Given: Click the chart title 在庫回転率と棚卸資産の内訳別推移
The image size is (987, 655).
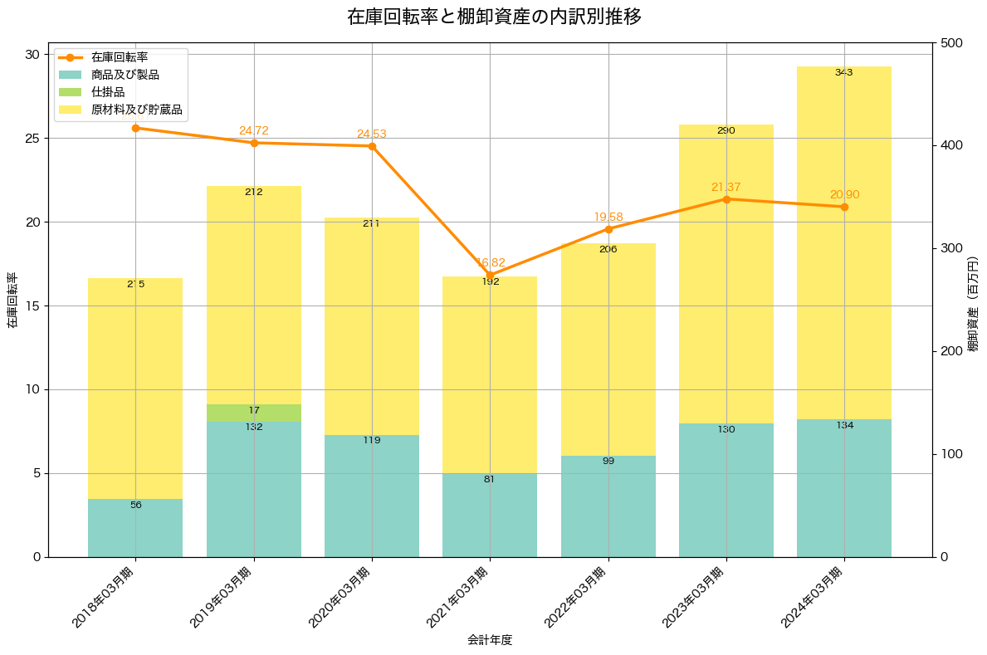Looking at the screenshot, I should (x=493, y=17).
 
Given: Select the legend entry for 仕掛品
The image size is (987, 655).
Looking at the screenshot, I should (x=108, y=92).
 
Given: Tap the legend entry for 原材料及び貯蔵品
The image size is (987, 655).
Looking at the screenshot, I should (x=136, y=109).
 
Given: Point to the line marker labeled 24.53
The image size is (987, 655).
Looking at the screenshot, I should (x=372, y=146).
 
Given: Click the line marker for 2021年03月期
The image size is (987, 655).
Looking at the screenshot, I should (x=490, y=275).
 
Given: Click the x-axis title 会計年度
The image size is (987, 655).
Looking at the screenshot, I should (x=490, y=640).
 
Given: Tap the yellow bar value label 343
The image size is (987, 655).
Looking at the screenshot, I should (x=844, y=72).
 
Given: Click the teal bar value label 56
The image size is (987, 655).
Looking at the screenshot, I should (x=135, y=505).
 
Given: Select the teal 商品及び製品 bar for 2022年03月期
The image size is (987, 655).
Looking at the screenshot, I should (x=608, y=506).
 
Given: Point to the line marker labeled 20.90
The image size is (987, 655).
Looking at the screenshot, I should (x=844, y=207).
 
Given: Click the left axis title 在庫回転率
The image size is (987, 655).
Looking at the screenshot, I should (x=12, y=300).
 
